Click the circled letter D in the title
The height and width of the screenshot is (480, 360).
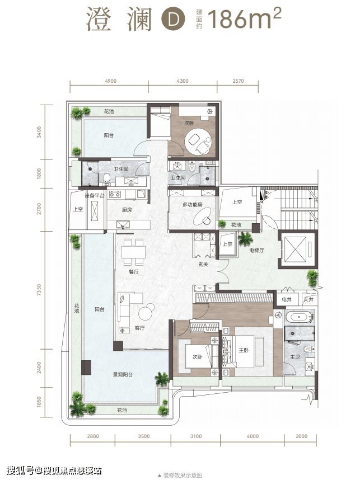coord(174,19)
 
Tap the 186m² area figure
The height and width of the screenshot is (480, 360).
coord(244,18)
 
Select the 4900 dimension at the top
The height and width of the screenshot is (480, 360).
coord(111,81)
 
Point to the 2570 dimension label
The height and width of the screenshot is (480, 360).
coord(238,81)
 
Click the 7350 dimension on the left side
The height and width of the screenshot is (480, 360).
coord(39,290)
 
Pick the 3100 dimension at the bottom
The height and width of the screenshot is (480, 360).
coord(196,436)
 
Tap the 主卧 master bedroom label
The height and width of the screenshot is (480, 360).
coord(244,350)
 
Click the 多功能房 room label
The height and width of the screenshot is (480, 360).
coord(193,205)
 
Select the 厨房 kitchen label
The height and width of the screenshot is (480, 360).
coord(127,210)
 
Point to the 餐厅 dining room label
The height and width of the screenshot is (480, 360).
coord(134,271)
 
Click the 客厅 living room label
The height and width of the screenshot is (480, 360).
coord(140,328)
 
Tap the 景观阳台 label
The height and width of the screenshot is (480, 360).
coord(123,374)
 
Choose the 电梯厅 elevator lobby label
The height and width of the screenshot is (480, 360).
coord(257,250)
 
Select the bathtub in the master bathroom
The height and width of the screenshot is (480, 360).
coord(299,317)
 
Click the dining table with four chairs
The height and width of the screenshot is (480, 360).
coord(133,252)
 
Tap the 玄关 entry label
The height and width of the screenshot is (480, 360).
coord(203,264)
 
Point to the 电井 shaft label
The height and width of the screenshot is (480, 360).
coord(287,299)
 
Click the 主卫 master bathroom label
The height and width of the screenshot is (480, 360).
coord(295,357)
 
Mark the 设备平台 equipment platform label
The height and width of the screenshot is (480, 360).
coord(95,195)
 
